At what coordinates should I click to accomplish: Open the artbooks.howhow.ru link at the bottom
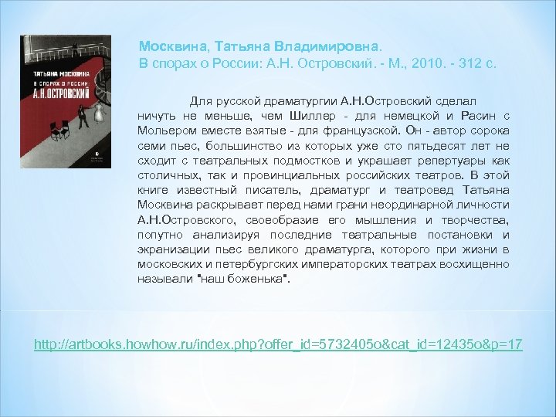[x=279, y=341]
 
